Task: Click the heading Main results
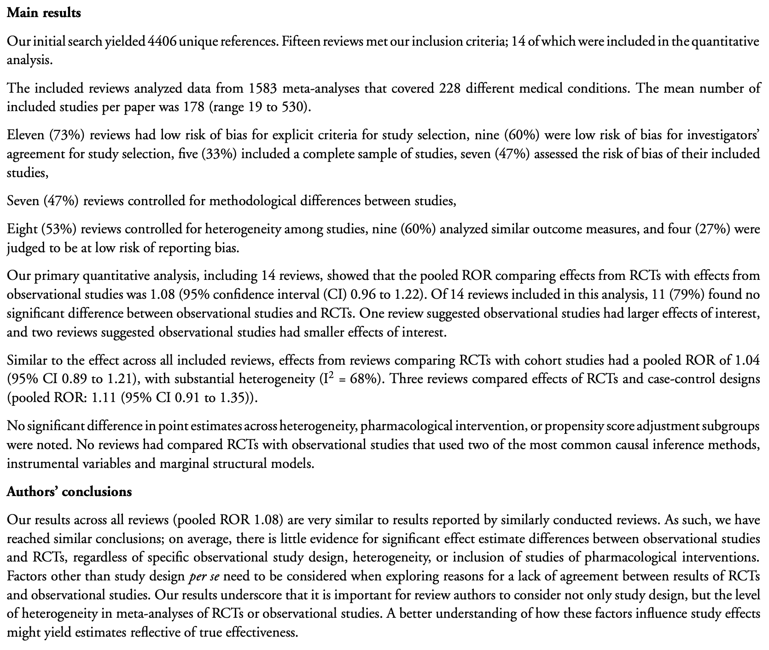coord(44,13)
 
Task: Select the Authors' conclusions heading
coord(69,492)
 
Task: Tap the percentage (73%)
coord(70,135)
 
